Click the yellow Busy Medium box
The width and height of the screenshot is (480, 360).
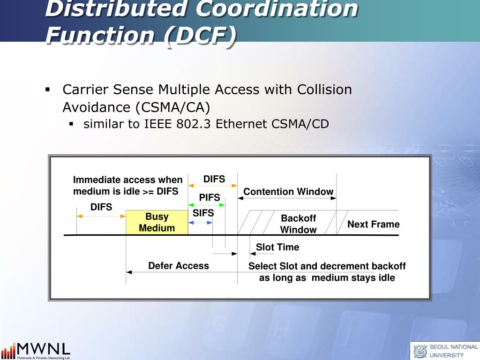[x=157, y=223]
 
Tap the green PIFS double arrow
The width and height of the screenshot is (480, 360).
[x=206, y=205]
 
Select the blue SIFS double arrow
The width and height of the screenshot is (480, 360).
[x=200, y=222]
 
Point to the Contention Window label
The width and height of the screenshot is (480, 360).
[x=288, y=192]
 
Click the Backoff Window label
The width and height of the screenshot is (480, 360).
[x=299, y=224]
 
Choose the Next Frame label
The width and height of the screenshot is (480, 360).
[x=373, y=225]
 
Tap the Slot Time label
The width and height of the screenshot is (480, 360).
[x=277, y=247]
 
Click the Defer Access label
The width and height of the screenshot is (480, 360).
[x=179, y=266]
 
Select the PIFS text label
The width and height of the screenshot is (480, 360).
[x=210, y=197]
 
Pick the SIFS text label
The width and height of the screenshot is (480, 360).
[x=203, y=213]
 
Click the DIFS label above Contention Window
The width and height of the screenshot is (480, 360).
[x=214, y=180]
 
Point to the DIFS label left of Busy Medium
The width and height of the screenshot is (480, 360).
[x=101, y=207]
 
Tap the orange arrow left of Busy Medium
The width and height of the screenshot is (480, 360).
[x=101, y=216]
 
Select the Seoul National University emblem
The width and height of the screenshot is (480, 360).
[x=420, y=351]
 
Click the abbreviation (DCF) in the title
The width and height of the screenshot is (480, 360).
[x=199, y=35]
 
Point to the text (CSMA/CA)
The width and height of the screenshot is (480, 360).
[x=173, y=107]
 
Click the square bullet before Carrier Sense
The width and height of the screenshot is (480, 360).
[x=48, y=89]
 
